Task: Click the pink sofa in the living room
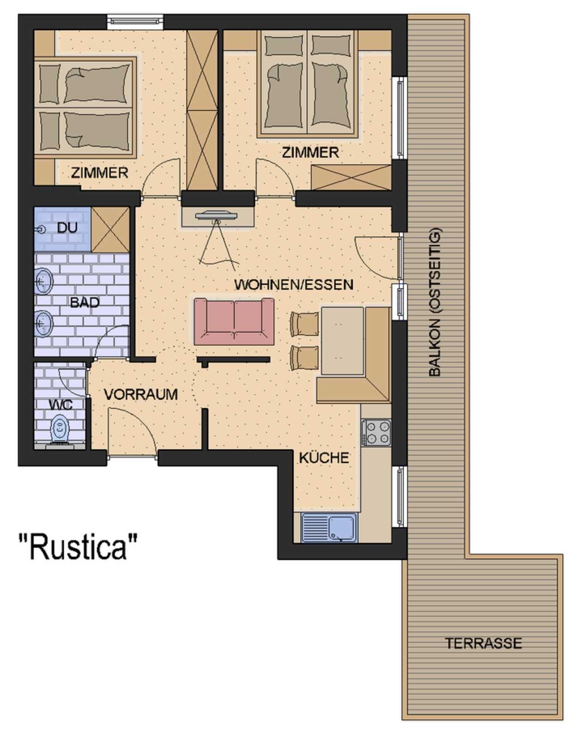234,322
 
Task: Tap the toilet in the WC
60,431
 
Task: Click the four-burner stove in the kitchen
376,433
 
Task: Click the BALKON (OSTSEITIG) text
435,302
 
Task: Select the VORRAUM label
141,394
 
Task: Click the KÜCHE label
324,457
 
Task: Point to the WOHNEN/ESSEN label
294,285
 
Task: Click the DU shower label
67,227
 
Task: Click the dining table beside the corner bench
342,341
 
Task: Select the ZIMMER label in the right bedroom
310,152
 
